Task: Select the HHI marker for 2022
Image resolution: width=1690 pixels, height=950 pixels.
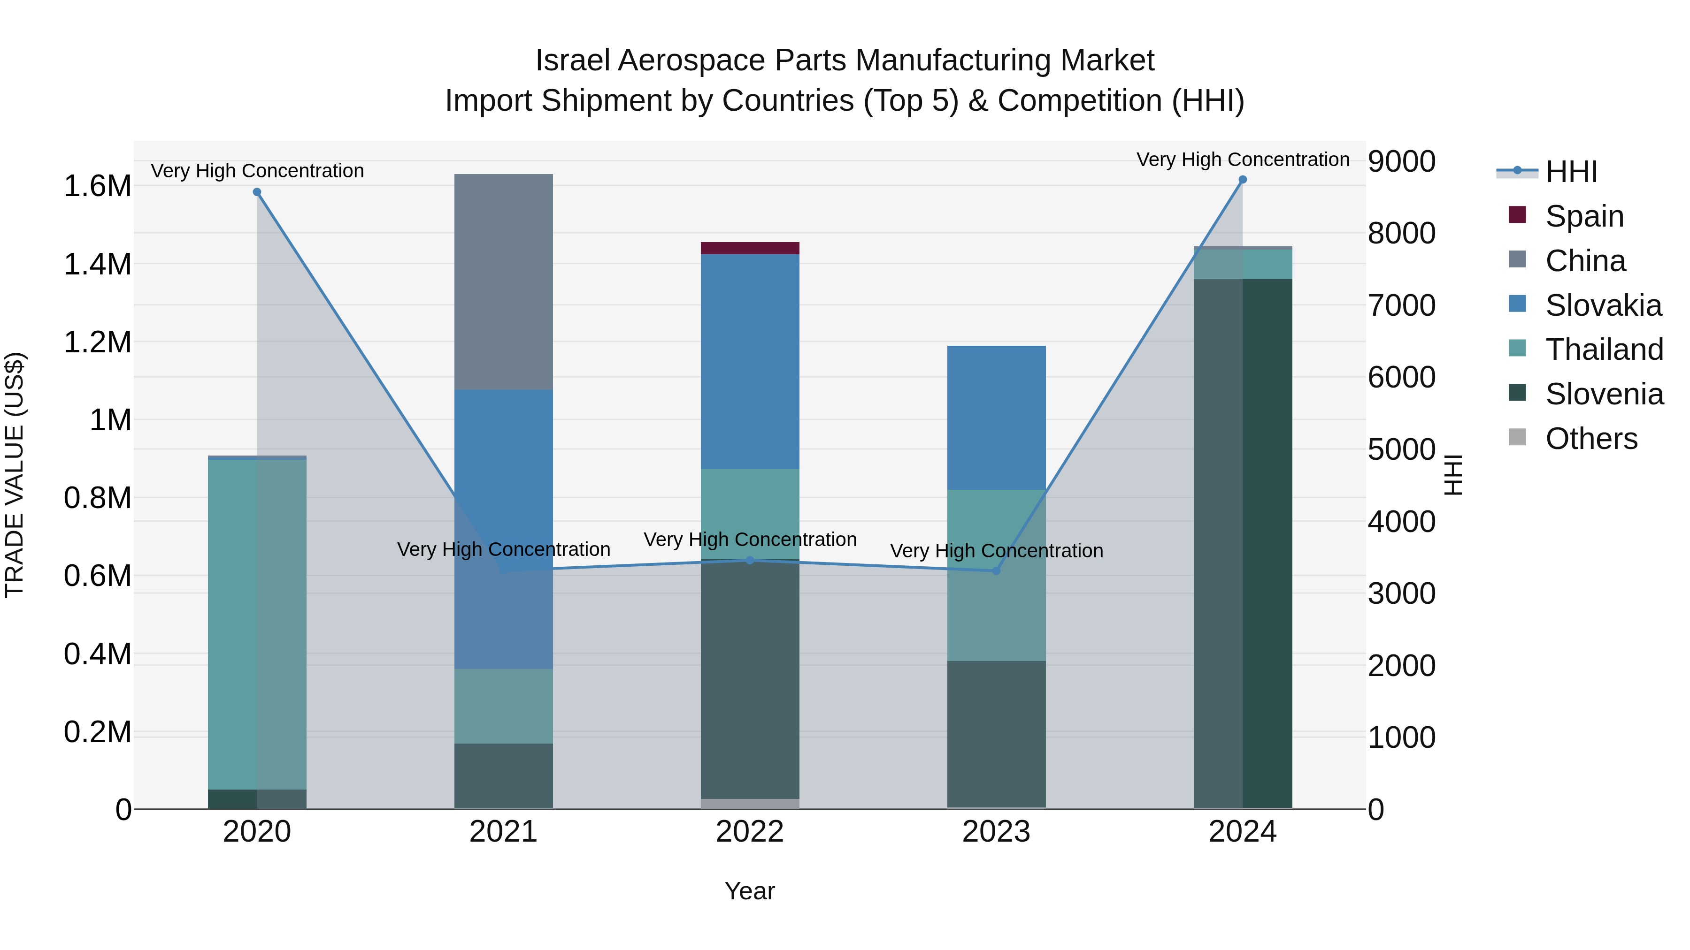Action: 750,560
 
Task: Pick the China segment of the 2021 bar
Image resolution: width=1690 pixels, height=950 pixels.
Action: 503,282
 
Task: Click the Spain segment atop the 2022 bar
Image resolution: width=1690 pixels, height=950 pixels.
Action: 750,248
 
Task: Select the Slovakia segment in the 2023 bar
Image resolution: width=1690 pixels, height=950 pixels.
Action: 996,418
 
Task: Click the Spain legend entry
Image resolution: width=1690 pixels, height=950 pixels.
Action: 1584,216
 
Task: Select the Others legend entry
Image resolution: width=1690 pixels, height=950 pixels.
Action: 1590,439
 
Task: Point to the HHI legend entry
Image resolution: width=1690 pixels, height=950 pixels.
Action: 1571,172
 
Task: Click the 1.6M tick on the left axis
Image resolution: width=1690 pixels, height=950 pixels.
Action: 97,186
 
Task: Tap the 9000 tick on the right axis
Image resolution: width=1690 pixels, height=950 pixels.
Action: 1401,161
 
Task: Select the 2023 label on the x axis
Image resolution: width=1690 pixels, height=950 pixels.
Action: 996,832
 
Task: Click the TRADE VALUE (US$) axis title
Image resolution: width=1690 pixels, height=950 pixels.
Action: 15,475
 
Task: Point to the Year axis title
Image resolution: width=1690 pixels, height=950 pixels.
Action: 749,891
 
